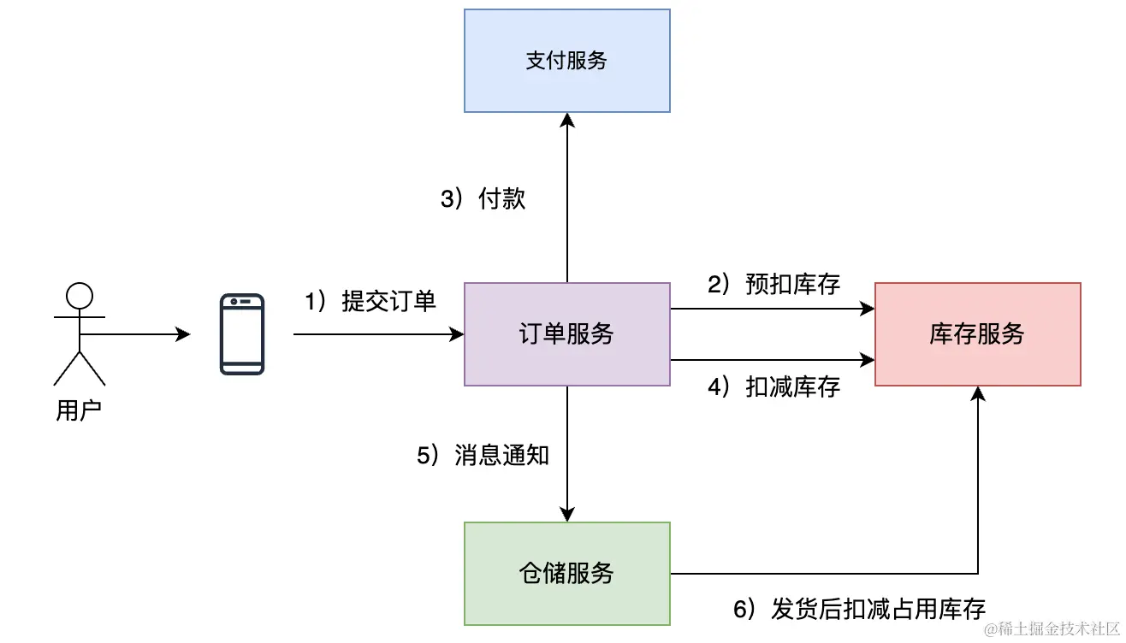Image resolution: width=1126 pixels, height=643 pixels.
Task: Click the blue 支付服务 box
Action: click(x=566, y=61)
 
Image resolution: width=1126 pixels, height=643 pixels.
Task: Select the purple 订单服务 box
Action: click(x=566, y=333)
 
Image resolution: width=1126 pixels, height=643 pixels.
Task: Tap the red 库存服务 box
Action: click(x=977, y=333)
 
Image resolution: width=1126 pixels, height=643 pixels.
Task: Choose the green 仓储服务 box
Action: click(x=566, y=573)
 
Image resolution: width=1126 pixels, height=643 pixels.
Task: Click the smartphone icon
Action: click(x=242, y=334)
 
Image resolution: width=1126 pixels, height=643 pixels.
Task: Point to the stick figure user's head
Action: click(x=80, y=296)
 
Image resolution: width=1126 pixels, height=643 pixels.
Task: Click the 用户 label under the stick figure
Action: click(x=79, y=411)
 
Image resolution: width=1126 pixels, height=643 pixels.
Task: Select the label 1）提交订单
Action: click(x=370, y=301)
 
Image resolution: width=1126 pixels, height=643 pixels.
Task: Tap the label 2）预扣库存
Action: click(x=773, y=285)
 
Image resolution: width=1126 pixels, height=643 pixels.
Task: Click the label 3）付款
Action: click(x=483, y=199)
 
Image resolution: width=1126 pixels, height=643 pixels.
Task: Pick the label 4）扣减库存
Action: click(x=773, y=387)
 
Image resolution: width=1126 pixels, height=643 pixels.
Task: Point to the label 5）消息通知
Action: click(x=483, y=456)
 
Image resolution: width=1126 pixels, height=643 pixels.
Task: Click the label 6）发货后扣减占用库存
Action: click(x=859, y=609)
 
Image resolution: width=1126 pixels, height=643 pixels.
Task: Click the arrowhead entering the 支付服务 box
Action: click(x=567, y=121)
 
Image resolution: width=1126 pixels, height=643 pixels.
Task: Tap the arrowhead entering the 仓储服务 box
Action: click(x=567, y=514)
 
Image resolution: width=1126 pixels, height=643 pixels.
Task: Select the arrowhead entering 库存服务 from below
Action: click(x=978, y=394)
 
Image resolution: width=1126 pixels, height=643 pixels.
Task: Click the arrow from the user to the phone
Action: click(x=137, y=334)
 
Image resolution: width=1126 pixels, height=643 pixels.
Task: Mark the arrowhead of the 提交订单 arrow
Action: click(x=456, y=334)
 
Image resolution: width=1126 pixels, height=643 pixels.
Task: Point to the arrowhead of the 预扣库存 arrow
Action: click(x=867, y=309)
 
